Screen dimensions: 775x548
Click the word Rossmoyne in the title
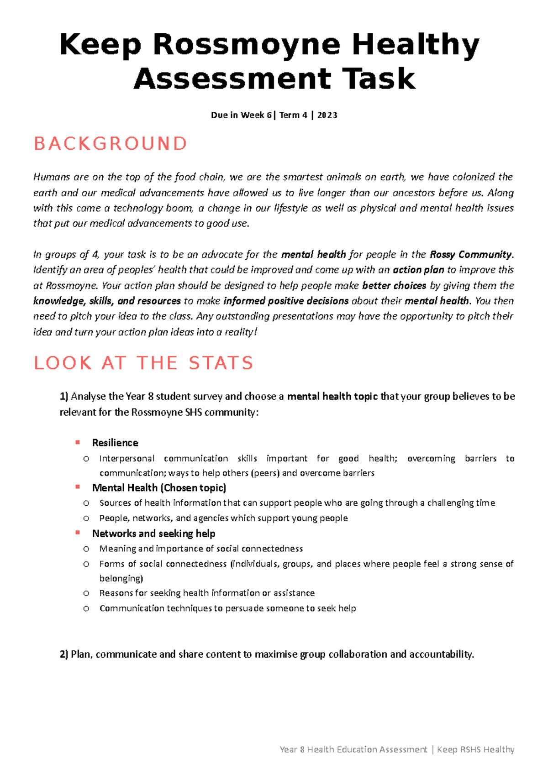(247, 46)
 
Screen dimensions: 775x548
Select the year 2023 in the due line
(327, 115)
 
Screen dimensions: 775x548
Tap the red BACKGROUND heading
(111, 144)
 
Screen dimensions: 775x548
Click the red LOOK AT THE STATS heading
(143, 363)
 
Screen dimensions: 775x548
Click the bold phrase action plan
(418, 270)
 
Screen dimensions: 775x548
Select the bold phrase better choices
(394, 286)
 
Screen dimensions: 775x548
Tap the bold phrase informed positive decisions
(286, 301)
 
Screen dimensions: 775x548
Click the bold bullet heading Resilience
(115, 443)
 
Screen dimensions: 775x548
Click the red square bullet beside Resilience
(78, 442)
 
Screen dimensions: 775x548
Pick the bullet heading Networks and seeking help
(153, 534)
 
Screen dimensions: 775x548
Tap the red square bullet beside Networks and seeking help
(78, 533)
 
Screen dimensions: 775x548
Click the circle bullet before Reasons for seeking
(86, 593)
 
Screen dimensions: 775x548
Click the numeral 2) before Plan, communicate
(64, 655)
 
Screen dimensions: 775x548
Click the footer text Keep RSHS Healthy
(475, 749)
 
